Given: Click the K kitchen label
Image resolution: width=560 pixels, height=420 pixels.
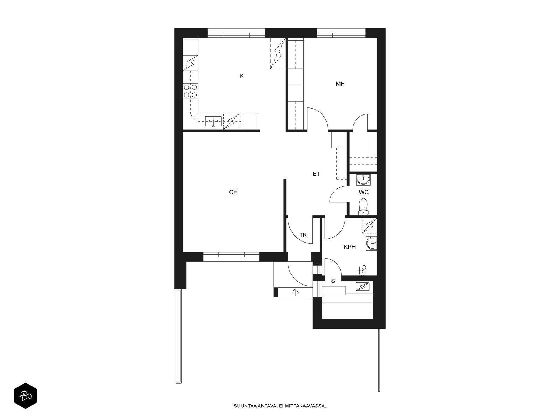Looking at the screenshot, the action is coord(241,76).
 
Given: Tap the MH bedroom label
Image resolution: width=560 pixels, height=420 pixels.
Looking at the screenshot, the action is coord(340,84).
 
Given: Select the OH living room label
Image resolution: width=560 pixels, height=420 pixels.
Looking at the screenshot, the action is coord(233,192).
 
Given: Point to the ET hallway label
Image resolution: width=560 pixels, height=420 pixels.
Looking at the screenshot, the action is coord(316,174).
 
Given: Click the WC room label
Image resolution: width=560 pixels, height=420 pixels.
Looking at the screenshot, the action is coord(364,192).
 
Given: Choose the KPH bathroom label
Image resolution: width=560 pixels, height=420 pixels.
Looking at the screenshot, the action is coord(350,247).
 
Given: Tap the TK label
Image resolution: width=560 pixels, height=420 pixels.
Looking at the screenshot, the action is coord(303,235).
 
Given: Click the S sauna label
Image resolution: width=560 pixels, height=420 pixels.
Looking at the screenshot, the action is coord(333,281).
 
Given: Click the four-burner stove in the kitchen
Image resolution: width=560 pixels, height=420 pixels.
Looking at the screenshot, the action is coord(190,91).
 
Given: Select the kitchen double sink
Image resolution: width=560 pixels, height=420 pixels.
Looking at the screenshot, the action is coord(213,121).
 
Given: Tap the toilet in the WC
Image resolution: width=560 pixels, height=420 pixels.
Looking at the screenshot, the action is coord(363,206).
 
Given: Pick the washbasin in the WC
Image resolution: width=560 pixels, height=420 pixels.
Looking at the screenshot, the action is coord(363,180).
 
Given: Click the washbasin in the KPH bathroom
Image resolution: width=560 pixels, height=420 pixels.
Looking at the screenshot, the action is coord(371,243).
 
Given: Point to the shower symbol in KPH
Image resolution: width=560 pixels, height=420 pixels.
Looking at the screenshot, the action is coord(362,270).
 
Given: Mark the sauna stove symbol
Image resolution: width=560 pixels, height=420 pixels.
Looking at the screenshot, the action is coord(363,287).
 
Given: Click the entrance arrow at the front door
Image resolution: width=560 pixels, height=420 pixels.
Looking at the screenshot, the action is coord(295,292).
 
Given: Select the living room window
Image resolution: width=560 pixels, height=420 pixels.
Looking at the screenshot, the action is coord(231,257).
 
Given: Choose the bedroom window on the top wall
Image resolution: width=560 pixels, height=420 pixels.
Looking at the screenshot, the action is coord(341,33).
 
